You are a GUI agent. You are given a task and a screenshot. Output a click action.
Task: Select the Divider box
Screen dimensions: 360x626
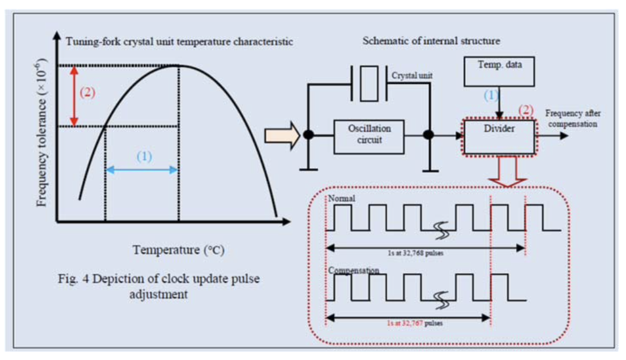(500, 135)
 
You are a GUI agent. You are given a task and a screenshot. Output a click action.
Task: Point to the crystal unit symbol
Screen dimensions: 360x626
(369, 84)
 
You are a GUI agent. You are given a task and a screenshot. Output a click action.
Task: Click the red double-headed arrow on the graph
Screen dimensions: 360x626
(73, 95)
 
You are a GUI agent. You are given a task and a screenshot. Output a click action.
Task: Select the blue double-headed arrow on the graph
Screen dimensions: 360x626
(142, 169)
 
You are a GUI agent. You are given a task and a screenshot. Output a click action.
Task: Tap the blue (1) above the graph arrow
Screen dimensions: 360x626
(144, 156)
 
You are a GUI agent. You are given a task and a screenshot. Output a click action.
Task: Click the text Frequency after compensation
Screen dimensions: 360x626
(571, 119)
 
